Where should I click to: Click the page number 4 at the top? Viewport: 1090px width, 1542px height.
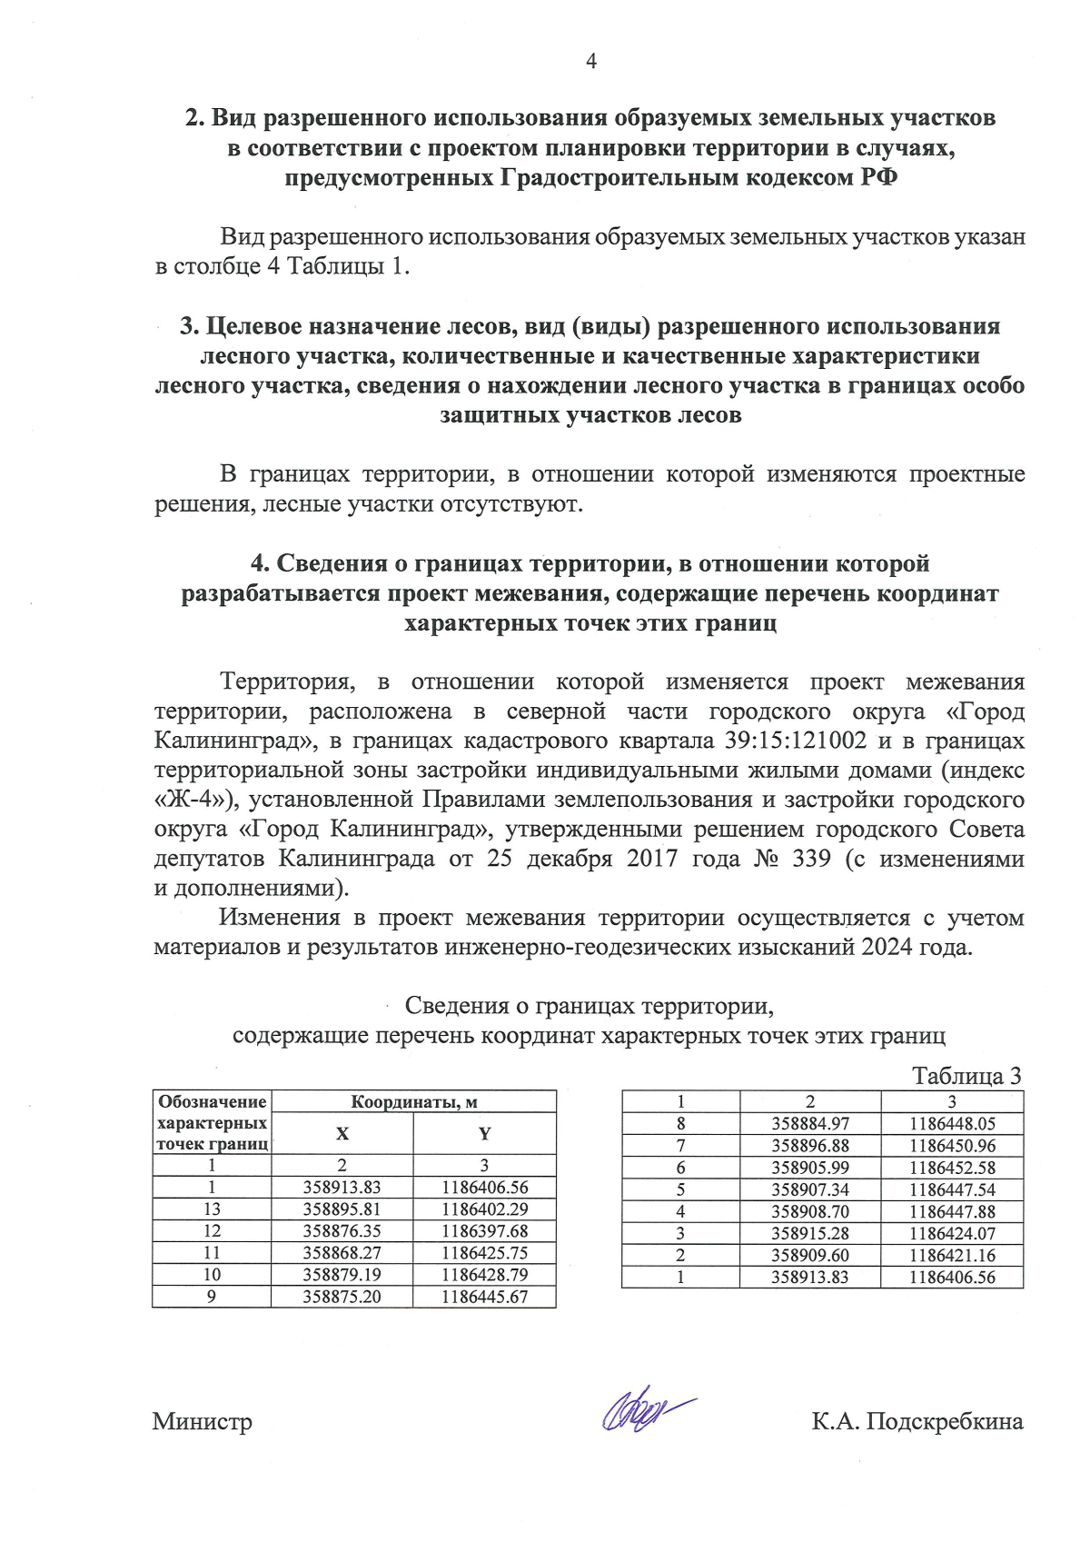(x=591, y=62)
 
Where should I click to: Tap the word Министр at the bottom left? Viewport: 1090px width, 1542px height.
(x=202, y=1422)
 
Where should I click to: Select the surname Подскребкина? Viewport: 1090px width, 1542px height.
(x=945, y=1422)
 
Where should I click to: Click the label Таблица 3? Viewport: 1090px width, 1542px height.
(x=966, y=1076)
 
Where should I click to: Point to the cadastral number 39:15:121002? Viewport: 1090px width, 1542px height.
(x=796, y=741)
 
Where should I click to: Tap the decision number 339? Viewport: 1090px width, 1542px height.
(x=811, y=859)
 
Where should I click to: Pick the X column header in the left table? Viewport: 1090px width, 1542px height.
(x=342, y=1134)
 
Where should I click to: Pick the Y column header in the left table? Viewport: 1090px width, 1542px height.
(x=484, y=1134)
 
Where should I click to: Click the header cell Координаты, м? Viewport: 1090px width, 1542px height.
(x=413, y=1102)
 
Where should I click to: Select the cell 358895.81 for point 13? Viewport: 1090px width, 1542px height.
(x=342, y=1209)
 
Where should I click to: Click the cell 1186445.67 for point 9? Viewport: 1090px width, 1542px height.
(x=484, y=1297)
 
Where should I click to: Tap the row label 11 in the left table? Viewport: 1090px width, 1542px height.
(x=212, y=1253)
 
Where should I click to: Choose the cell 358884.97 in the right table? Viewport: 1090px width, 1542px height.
(x=809, y=1124)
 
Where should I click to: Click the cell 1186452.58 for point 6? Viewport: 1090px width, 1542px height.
(x=952, y=1168)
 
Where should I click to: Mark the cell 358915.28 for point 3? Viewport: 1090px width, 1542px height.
(x=809, y=1233)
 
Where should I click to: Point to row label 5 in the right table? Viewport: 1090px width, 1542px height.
(x=680, y=1189)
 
